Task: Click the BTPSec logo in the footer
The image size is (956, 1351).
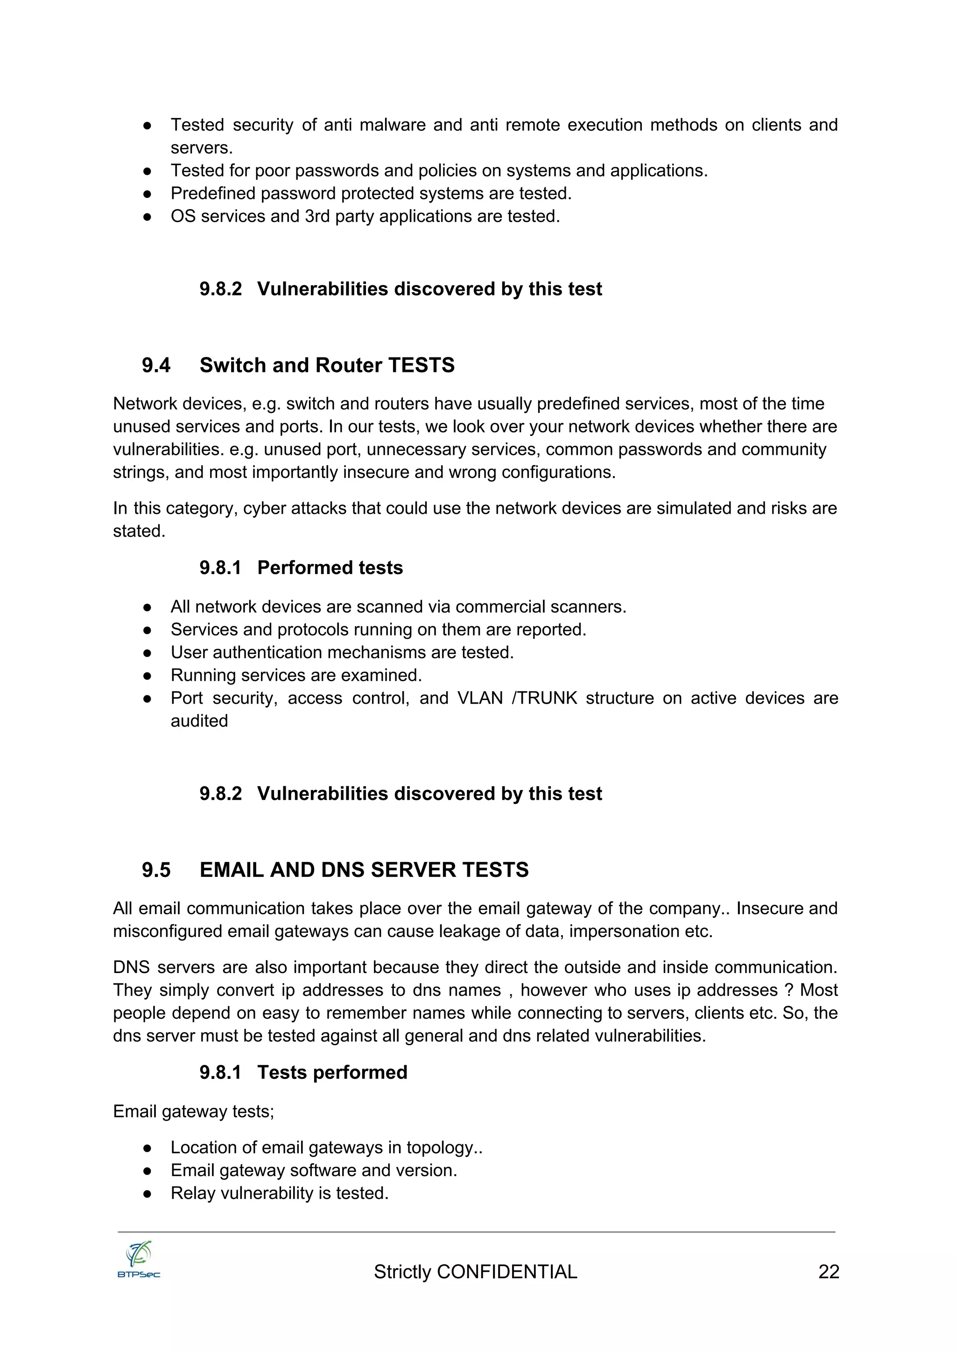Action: click(x=139, y=1260)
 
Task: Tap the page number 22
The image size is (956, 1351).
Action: click(x=828, y=1272)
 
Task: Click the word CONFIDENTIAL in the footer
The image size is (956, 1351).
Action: click(x=507, y=1272)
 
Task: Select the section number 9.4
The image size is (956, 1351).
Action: click(x=156, y=365)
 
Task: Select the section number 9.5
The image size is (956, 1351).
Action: click(x=156, y=870)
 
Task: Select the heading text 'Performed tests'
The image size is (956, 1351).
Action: click(x=330, y=568)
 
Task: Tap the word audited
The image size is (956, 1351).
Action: click(x=199, y=721)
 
